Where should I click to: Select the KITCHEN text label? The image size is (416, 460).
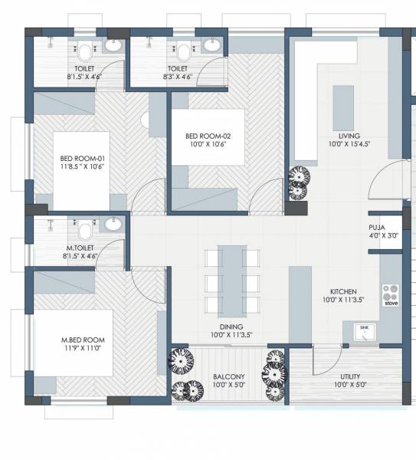[343, 292]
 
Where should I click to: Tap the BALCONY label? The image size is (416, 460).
[229, 376]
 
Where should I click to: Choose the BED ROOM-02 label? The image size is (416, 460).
[208, 136]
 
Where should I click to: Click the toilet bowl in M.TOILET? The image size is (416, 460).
[86, 229]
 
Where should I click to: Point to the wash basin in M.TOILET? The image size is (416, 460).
[113, 225]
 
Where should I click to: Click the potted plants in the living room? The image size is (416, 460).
[297, 183]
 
